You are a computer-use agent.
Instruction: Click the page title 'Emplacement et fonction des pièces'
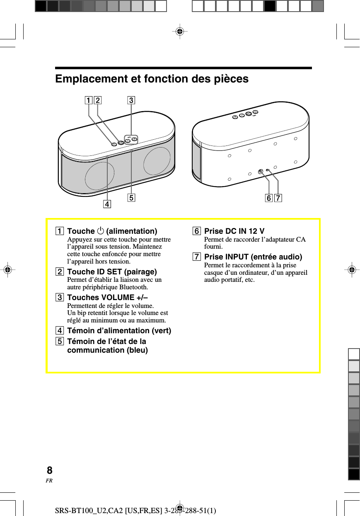coord(152,79)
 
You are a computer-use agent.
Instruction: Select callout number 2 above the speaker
coord(98,100)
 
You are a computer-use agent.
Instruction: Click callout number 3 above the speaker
coord(131,100)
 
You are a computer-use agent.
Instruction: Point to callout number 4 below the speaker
coord(107,204)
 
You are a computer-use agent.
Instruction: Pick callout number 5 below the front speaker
coord(131,198)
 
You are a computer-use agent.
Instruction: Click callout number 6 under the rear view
coord(269,199)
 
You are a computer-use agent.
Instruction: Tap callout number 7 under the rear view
coord(278,199)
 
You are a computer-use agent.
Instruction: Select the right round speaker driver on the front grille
coord(157,160)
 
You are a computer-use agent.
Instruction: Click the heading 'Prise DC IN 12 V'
coord(234,231)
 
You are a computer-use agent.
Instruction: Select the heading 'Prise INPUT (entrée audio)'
coord(253,257)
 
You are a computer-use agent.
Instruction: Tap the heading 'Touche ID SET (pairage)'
coord(112,272)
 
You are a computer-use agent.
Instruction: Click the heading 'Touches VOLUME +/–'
coord(107,298)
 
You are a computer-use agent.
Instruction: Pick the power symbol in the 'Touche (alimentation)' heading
coord(100,231)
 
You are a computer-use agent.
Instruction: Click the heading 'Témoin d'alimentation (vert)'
coord(119,331)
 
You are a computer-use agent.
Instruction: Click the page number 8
coord(50,470)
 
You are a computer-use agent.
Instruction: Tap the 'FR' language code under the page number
coord(49,481)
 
